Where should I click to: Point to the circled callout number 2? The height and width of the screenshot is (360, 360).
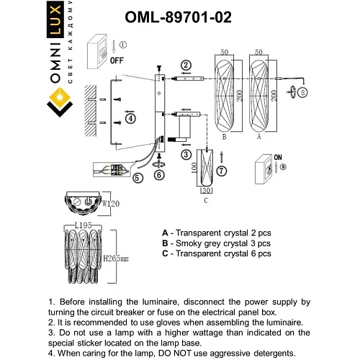click(x=186, y=65)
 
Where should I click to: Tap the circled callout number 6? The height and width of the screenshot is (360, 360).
click(x=159, y=174)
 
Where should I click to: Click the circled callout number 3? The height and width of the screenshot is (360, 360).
click(x=186, y=153)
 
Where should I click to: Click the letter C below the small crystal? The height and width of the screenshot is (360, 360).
click(x=206, y=201)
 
